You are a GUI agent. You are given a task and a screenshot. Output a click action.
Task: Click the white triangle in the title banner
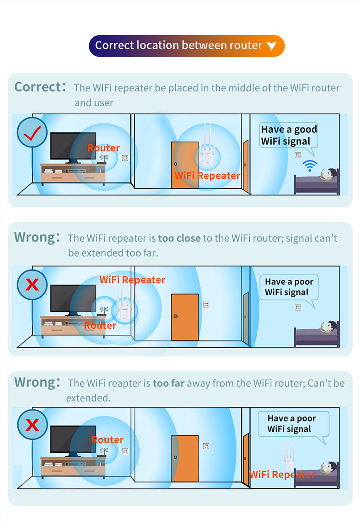coord(272,46)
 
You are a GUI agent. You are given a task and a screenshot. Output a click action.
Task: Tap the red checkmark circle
coord(32,133)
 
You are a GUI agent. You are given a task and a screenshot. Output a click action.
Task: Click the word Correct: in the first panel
coord(40,87)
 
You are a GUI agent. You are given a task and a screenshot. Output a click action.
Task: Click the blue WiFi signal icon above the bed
coord(310,165)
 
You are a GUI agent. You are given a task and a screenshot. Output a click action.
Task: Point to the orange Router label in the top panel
coord(103,148)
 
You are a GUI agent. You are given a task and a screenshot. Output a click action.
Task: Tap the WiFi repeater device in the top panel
coord(207,147)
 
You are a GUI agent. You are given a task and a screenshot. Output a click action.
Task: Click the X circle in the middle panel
coord(32,284)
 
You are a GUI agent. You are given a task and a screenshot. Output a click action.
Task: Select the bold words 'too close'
coord(180,238)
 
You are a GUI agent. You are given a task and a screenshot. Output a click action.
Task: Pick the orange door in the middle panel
coord(185,317)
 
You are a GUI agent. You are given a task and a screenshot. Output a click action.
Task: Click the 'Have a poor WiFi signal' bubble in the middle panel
coord(289,289)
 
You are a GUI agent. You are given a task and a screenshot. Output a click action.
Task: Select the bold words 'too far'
coord(168,383)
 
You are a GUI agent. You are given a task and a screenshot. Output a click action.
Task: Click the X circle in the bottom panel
coord(32,425)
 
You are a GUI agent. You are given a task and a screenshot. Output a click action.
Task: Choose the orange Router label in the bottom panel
coord(108,439)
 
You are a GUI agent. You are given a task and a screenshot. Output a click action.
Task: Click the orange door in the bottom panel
coord(185,458)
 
